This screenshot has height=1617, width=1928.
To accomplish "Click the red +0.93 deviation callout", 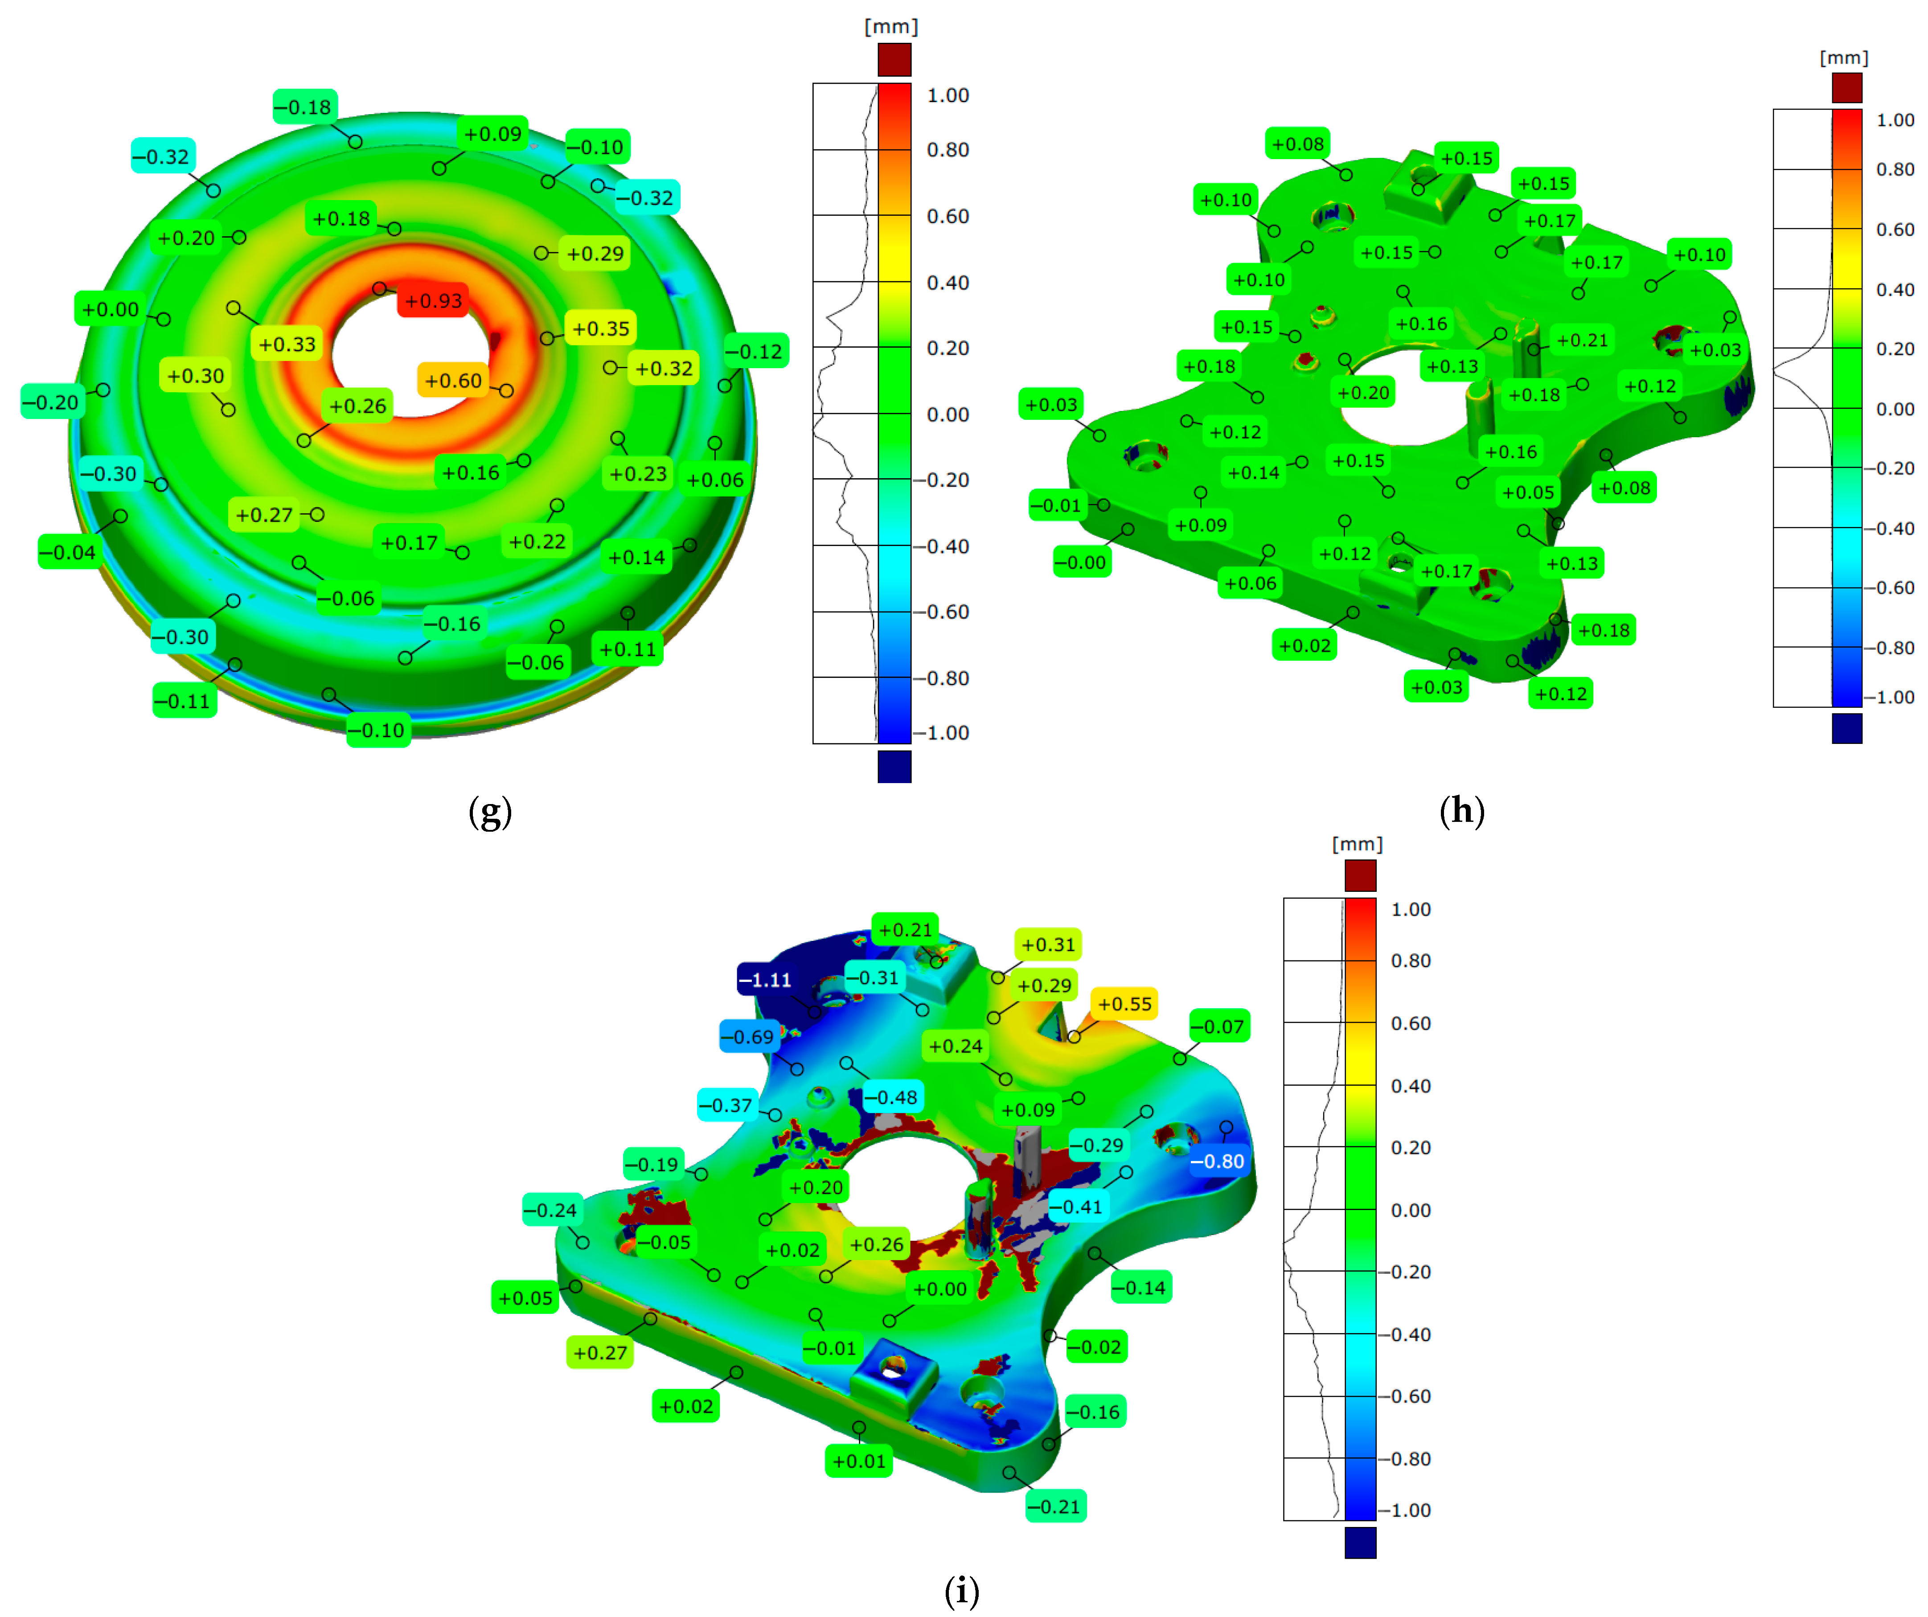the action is click(433, 300).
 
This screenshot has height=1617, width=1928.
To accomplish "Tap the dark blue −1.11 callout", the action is click(765, 980).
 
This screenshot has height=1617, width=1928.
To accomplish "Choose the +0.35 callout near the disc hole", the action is click(600, 328).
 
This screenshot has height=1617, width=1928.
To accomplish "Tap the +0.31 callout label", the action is click(1047, 944).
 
